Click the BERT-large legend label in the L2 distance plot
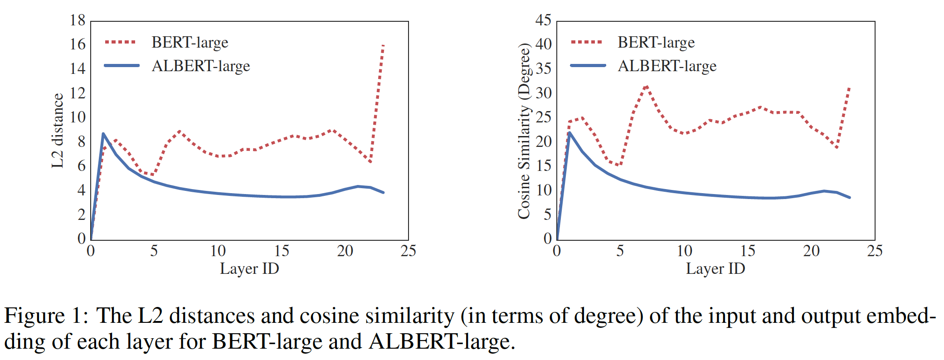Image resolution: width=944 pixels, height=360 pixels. tap(190, 42)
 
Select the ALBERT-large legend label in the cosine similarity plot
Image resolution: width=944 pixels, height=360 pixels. tap(667, 66)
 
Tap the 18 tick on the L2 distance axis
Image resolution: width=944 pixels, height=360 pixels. tap(78, 20)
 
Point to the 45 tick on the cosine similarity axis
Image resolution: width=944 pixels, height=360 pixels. tap(543, 20)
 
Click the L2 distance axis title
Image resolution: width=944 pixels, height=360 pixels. tap(58, 131)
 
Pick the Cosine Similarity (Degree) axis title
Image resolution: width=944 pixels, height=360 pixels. tap(524, 131)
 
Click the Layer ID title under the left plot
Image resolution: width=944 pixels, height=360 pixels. tap(249, 268)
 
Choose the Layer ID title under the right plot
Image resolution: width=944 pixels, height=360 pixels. tap(715, 268)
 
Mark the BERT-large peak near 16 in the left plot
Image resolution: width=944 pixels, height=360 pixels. tap(383, 45)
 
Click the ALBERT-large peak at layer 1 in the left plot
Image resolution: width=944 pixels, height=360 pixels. tap(103, 134)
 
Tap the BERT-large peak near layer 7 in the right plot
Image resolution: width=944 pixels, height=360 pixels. tap(646, 86)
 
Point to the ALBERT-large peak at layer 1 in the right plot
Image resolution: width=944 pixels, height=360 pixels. tap(569, 132)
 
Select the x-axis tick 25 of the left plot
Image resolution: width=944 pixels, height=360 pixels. tap(408, 251)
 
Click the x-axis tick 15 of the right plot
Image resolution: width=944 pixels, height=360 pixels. tap(748, 251)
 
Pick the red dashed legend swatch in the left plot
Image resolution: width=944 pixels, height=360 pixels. tap(120, 42)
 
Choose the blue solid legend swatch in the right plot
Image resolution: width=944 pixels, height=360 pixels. tap(588, 66)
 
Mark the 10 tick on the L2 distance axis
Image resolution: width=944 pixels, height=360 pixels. tap(78, 117)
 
